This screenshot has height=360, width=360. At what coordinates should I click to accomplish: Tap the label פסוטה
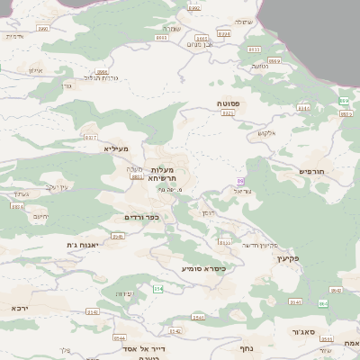[229, 104]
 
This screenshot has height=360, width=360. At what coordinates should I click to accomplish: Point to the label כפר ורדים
[141, 217]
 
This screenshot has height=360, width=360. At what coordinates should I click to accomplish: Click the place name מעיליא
[117, 148]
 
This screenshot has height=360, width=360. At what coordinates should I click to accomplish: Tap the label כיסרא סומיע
[202, 268]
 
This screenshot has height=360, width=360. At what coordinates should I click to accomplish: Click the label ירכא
[20, 308]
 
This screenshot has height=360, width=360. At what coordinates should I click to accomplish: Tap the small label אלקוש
[265, 134]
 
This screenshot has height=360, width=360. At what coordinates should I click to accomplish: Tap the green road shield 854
[157, 289]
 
